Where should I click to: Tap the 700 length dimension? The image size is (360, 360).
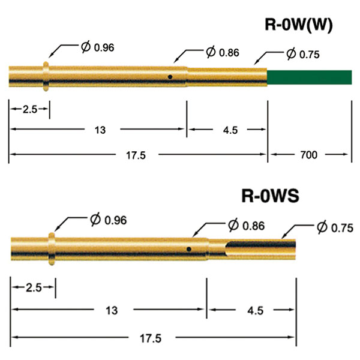point(309,155)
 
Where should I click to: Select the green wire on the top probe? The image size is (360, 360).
point(308,77)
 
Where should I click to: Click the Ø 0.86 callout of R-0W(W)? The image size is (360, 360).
point(222,52)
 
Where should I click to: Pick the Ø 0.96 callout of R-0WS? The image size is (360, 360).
point(109,220)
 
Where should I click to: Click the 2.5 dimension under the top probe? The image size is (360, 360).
point(28,109)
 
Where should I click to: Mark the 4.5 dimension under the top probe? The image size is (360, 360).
point(227,129)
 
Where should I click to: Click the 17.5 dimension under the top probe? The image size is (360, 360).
point(137,155)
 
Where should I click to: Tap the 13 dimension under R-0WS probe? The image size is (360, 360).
point(110,310)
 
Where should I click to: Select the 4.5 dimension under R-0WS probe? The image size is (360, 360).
point(251,310)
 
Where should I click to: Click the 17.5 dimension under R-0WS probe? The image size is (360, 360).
point(153,338)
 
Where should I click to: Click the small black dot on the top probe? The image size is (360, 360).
point(170,77)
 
